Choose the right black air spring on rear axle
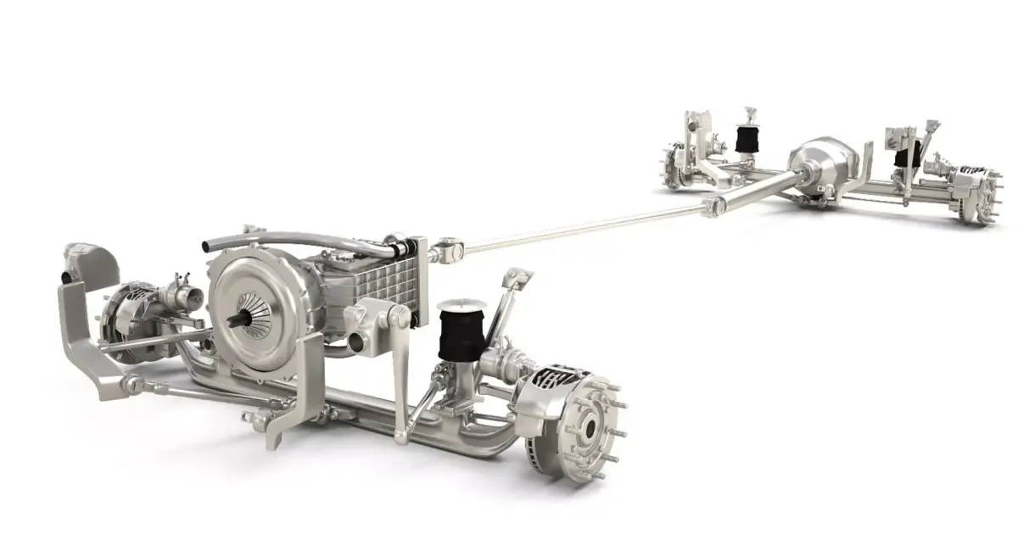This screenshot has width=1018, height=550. (x=909, y=156)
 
